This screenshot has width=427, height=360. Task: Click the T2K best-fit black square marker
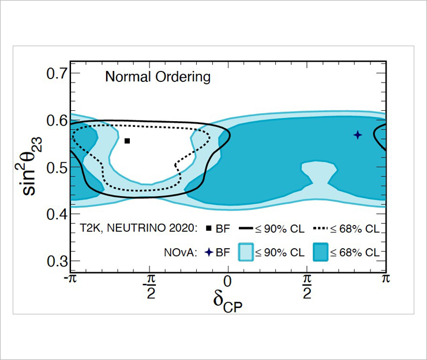pyautogui.click(x=128, y=141)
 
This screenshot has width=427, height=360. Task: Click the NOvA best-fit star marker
pyautogui.click(x=358, y=135)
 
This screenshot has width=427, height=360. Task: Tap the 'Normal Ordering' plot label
pyautogui.click(x=158, y=77)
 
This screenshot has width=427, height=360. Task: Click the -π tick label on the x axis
pyautogui.click(x=70, y=279)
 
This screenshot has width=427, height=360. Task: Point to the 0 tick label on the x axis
pyautogui.click(x=228, y=281)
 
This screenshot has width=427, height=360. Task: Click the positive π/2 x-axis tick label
pyautogui.click(x=308, y=285)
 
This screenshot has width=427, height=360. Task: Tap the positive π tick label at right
pyautogui.click(x=385, y=279)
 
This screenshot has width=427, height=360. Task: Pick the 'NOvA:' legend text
pyautogui.click(x=182, y=252)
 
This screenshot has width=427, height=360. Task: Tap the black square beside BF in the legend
pyautogui.click(x=209, y=228)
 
